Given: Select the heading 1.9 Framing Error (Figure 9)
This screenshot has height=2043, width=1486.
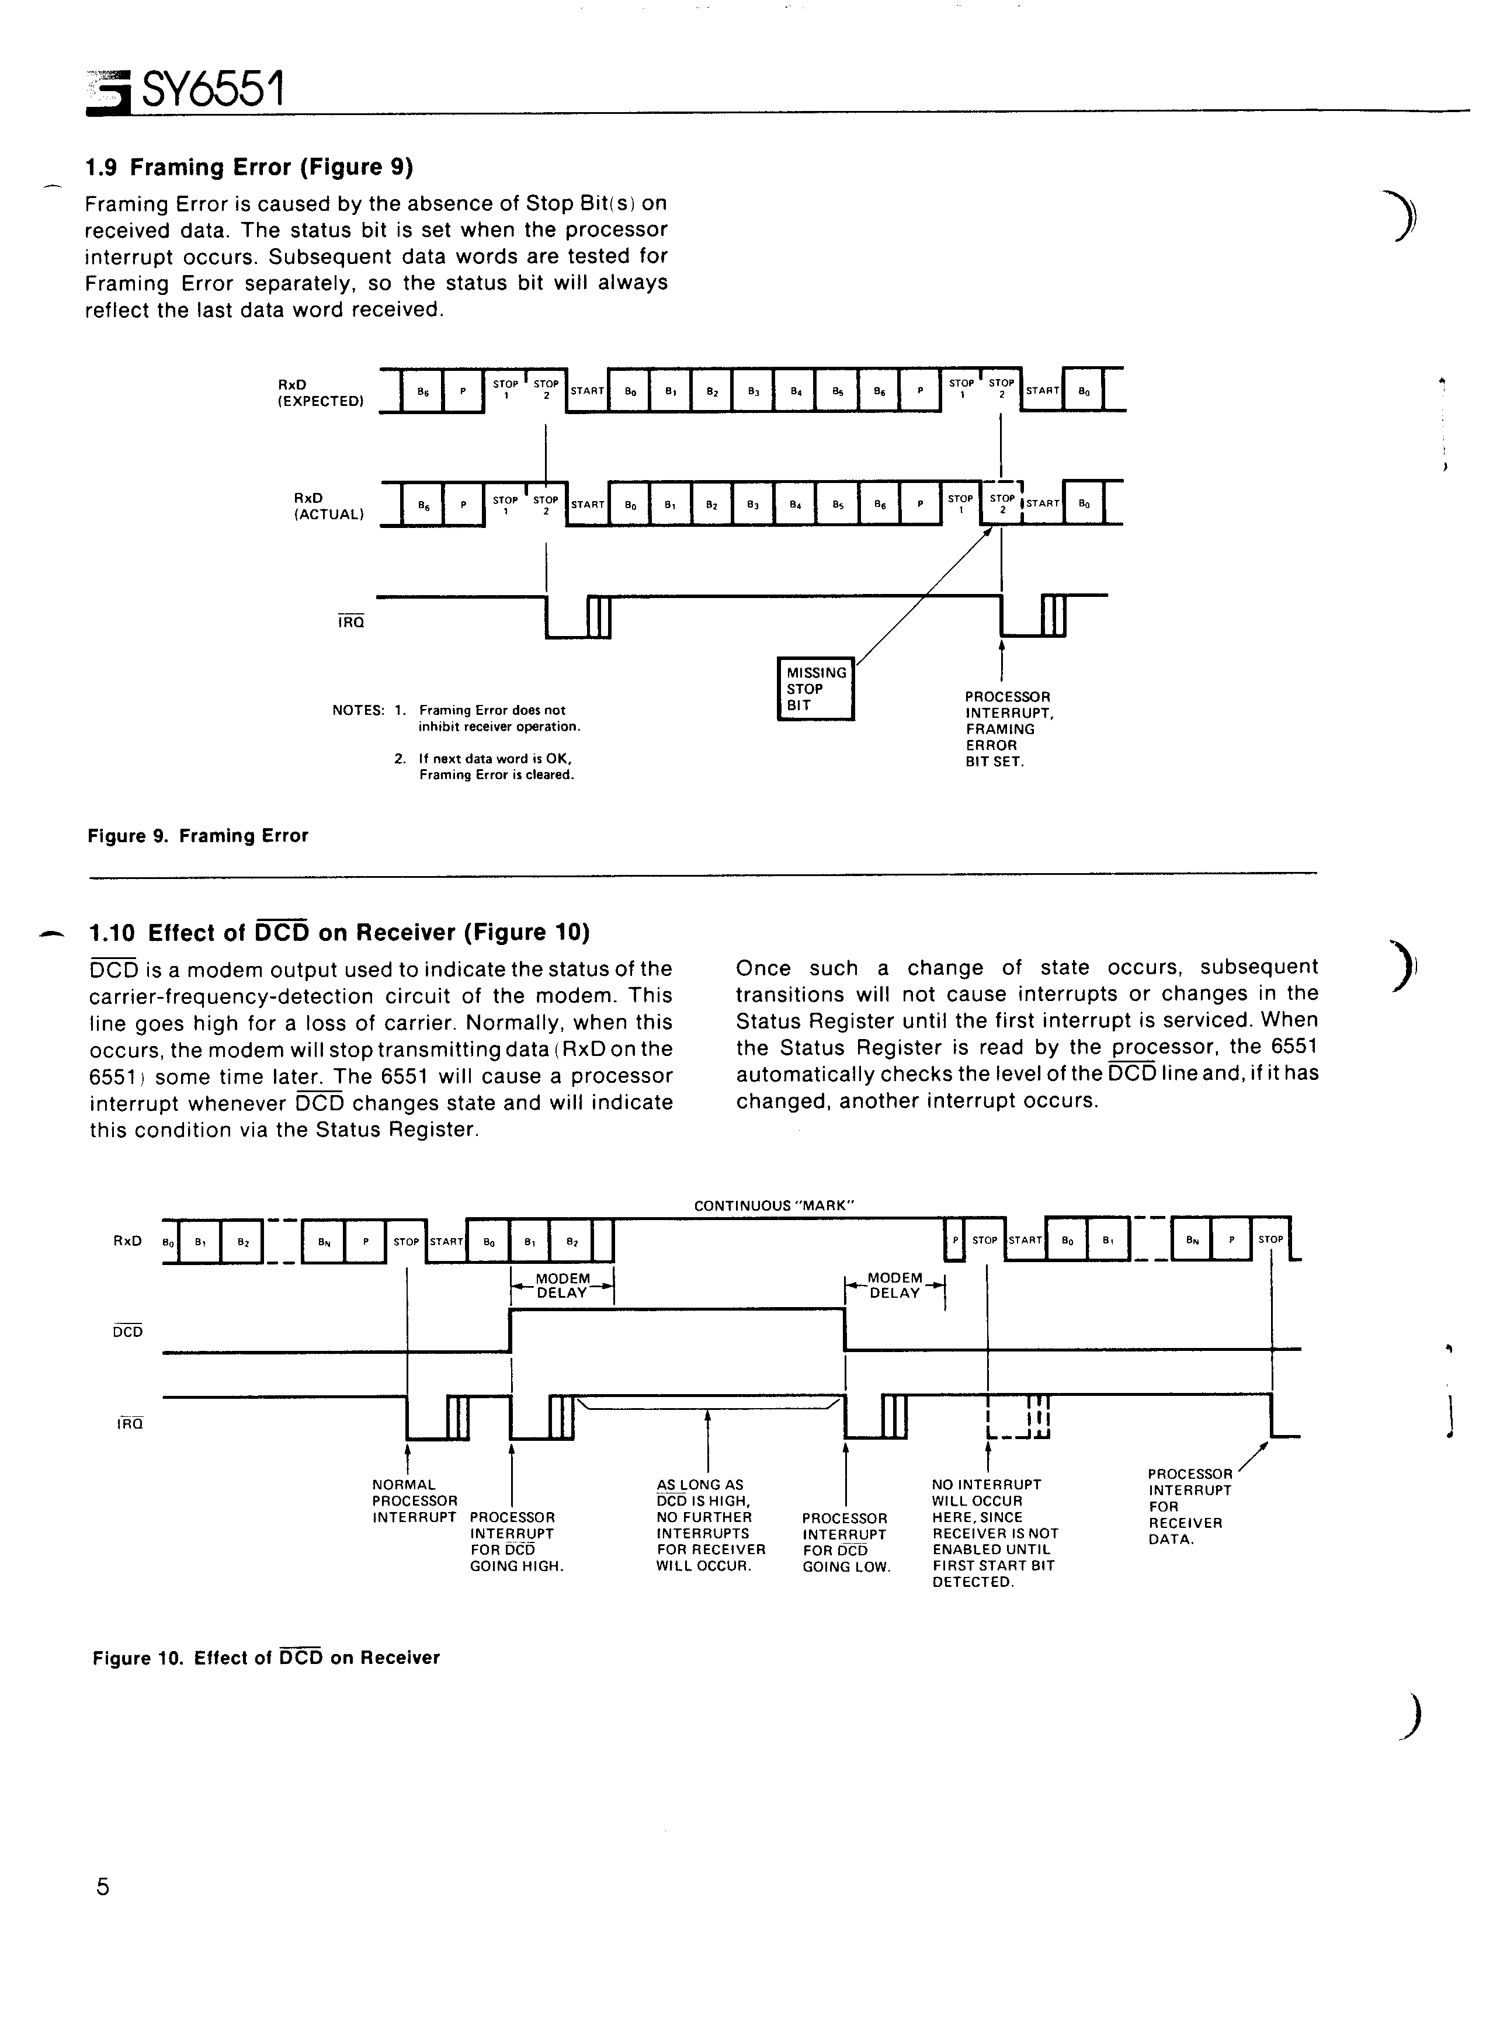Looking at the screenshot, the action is click(249, 168).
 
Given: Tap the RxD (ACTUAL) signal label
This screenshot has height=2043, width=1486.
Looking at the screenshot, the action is click(329, 506).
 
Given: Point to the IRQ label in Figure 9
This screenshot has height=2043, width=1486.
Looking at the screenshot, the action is click(352, 621).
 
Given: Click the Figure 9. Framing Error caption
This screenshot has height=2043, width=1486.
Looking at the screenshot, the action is click(198, 836).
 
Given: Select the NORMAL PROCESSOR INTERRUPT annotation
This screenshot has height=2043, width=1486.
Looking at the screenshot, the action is click(415, 1501).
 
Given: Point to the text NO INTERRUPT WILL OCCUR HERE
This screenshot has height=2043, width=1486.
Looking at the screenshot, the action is click(987, 1501).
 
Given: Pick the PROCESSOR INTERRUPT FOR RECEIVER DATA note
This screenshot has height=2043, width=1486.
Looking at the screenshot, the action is click(1189, 1506).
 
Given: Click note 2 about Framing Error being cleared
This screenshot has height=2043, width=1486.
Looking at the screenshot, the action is click(485, 767).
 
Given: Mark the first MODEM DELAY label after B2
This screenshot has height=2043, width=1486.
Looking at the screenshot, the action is click(563, 1285).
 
